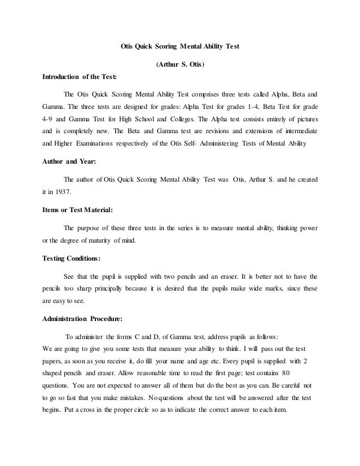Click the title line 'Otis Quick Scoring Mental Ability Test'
tap(181, 49)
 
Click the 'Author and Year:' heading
tap(69, 161)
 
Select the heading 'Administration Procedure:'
tap(82, 318)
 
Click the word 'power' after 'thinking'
tap(305, 228)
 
